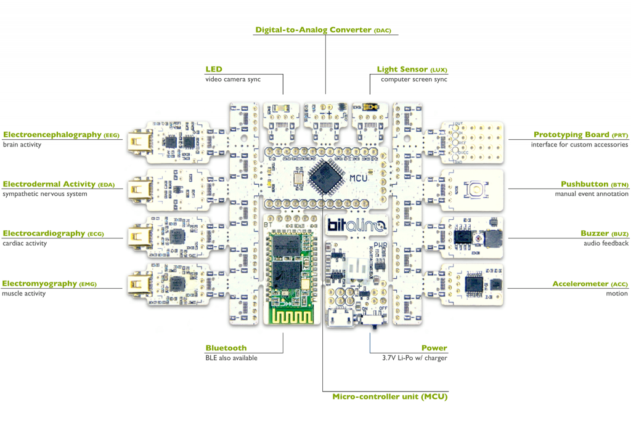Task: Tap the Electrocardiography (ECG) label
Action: [52, 233]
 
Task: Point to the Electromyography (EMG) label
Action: [49, 284]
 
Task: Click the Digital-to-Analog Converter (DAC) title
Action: [324, 30]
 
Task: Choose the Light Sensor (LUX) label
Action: [412, 70]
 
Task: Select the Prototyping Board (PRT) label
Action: [580, 135]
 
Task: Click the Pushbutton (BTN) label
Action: [594, 184]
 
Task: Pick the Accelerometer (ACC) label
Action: [590, 284]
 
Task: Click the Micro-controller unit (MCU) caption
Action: [389, 397]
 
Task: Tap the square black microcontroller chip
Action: [325, 177]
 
